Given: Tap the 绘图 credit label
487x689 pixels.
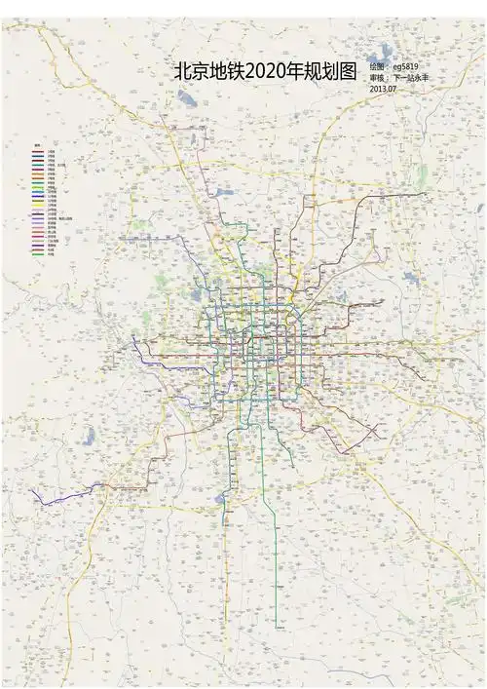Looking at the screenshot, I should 378,66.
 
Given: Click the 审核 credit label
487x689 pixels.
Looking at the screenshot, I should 378,77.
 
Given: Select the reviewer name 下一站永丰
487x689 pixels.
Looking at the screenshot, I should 410,77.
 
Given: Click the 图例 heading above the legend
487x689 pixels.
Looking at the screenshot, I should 38,146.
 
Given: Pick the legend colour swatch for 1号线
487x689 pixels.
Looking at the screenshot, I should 37,152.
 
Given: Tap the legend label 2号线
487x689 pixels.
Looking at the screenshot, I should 51,157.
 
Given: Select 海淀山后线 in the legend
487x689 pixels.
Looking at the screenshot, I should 64,218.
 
